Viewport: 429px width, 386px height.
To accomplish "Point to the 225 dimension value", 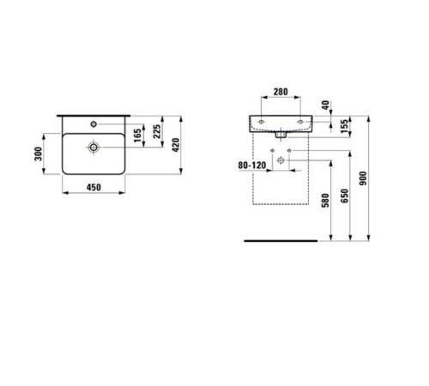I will (158, 131).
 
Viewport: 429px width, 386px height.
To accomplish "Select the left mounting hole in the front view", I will (259, 123).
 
